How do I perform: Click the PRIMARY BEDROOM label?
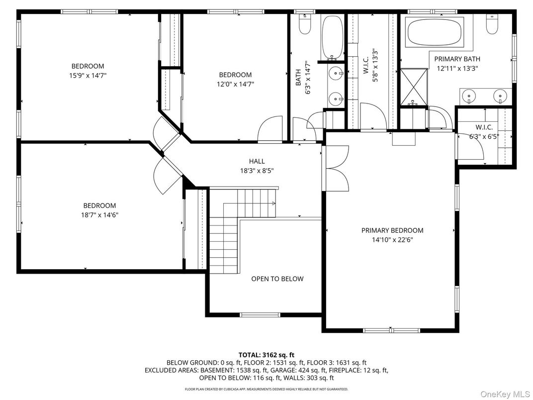[392, 230]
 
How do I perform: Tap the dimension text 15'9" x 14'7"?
[88, 76]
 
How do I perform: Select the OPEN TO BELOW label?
[277, 279]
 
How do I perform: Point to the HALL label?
[257, 161]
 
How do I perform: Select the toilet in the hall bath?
[304, 23]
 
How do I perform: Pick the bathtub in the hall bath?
[332, 37]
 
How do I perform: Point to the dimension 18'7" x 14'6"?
[100, 215]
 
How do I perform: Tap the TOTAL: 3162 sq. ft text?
[266, 355]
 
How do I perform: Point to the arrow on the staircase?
[273, 203]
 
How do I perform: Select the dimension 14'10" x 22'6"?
[392, 239]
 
